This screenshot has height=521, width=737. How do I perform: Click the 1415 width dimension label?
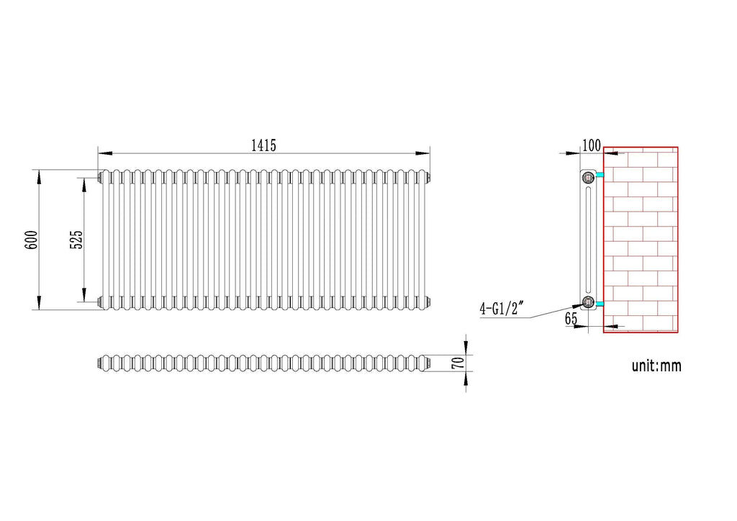(263, 145)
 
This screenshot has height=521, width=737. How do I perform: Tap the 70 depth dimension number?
(456, 363)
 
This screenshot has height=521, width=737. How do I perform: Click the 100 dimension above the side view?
(591, 145)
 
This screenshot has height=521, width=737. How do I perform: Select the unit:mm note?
(656, 366)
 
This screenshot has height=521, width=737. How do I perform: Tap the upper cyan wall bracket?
(600, 176)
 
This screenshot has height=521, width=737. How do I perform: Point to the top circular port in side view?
(588, 176)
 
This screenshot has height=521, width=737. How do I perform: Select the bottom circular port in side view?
(588, 302)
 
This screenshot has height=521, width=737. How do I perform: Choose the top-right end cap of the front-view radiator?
(429, 176)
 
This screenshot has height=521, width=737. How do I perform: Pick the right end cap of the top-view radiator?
(429, 363)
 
